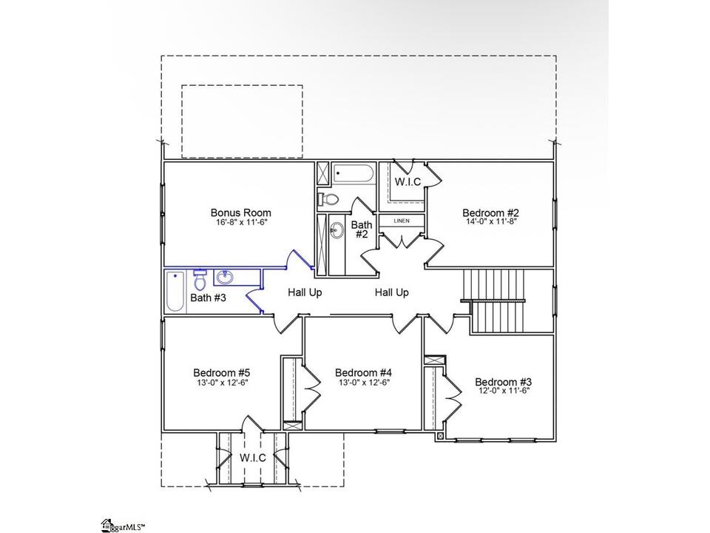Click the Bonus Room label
(241, 212)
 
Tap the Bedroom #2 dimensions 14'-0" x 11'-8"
(491, 221)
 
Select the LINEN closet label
(402, 221)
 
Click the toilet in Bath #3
(200, 280)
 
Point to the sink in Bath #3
(224, 277)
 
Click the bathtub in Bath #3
(175, 292)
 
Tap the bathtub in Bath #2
(354, 173)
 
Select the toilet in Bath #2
(328, 198)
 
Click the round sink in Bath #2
(336, 230)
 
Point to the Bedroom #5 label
(221, 372)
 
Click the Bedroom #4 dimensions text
(364, 382)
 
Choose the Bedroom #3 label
(503, 382)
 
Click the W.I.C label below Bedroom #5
(253, 457)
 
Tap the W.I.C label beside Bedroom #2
(408, 182)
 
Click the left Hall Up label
(305, 293)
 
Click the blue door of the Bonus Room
(299, 259)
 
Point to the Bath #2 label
(362, 229)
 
